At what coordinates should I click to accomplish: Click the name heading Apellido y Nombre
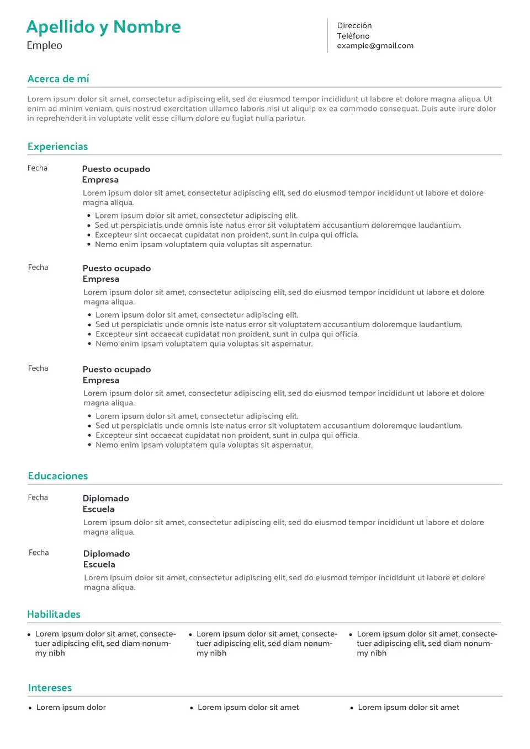pyautogui.click(x=103, y=27)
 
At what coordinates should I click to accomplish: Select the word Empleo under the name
pyautogui.click(x=44, y=46)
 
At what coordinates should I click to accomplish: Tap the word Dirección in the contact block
pyautogui.click(x=354, y=26)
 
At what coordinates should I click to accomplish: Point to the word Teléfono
pyautogui.click(x=353, y=36)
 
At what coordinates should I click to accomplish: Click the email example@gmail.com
pyautogui.click(x=375, y=46)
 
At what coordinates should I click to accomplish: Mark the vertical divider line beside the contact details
pyautogui.click(x=327, y=36)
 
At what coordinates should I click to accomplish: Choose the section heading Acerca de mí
pyautogui.click(x=58, y=79)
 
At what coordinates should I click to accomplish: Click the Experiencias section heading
pyautogui.click(x=57, y=147)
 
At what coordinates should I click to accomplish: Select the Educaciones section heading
pyautogui.click(x=57, y=476)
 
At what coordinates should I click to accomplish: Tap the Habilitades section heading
pyautogui.click(x=54, y=614)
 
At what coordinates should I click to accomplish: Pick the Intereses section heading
pyautogui.click(x=50, y=688)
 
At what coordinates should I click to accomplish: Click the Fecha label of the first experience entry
pyautogui.click(x=38, y=168)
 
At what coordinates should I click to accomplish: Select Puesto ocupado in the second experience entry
pyautogui.click(x=116, y=269)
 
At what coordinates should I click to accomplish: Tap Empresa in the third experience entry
pyautogui.click(x=100, y=381)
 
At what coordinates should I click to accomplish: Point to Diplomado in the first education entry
pyautogui.click(x=105, y=499)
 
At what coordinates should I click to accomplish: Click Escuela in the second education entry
pyautogui.click(x=99, y=565)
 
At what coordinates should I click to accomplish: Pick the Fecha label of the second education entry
pyautogui.click(x=39, y=553)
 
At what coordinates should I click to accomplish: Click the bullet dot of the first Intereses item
pyautogui.click(x=30, y=708)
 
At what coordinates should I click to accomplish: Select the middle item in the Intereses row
pyautogui.click(x=248, y=708)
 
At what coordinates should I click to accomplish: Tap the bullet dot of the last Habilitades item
pyautogui.click(x=351, y=635)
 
